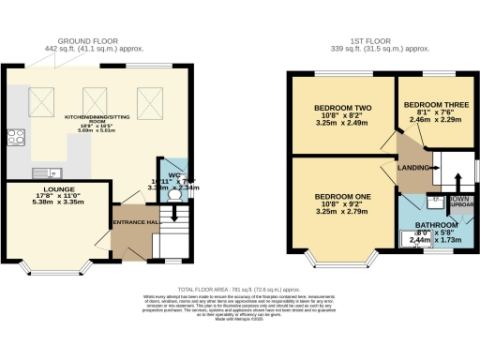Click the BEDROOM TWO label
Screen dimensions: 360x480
[x=338, y=108]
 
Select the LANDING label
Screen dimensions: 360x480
[x=413, y=168]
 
